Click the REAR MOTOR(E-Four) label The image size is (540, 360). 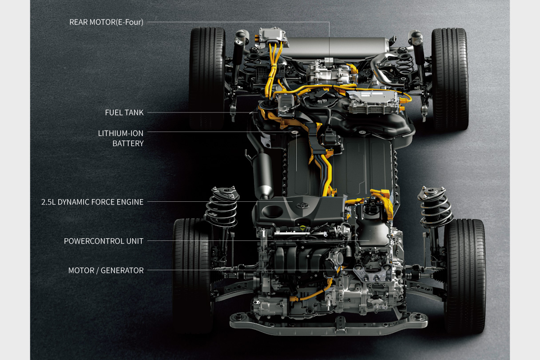pos(106,22)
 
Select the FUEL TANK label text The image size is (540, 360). pos(124,112)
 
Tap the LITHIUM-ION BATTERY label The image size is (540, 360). pos(120,138)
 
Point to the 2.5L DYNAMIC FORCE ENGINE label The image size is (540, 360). pos(92,202)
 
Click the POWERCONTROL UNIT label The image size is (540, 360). pos(103,241)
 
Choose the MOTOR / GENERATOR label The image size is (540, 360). pos(106,271)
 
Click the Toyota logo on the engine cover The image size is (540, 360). pos(301,206)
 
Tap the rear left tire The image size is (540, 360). pos(207,78)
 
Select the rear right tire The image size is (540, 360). pos(449,79)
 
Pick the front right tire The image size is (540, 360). pos(465,276)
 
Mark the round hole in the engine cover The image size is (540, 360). pos(272,211)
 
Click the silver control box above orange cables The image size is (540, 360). pos(272,36)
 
